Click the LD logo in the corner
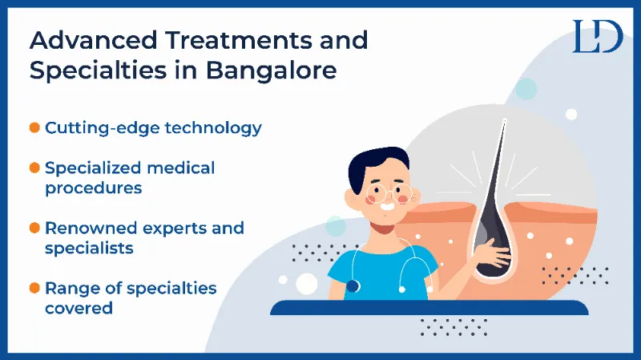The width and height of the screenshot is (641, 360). (x=598, y=36)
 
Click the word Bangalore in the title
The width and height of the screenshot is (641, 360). (x=271, y=71)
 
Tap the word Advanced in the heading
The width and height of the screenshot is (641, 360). (x=93, y=40)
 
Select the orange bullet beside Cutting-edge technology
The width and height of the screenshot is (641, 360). (x=34, y=127)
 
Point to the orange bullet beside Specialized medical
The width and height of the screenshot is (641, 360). (x=34, y=168)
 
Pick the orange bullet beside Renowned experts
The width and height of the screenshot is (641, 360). (x=34, y=228)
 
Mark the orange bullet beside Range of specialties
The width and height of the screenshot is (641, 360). (x=34, y=288)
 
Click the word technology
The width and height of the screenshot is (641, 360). (x=213, y=128)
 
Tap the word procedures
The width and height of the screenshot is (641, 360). (x=94, y=188)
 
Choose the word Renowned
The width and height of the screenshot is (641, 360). (x=91, y=229)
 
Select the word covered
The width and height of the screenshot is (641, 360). (x=79, y=309)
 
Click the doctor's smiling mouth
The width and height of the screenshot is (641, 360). (x=387, y=206)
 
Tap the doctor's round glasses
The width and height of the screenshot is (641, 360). (x=389, y=193)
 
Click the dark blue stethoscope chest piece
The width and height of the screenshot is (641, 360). (x=353, y=286)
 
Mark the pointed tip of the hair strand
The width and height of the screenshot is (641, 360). (x=505, y=120)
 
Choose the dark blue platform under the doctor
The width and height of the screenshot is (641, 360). (x=429, y=308)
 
